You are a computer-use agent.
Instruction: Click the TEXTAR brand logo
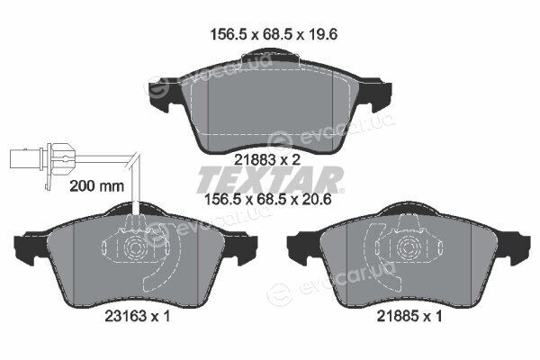[270, 179]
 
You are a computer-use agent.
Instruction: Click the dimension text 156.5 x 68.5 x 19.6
[274, 34]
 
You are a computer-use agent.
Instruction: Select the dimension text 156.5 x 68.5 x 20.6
[268, 200]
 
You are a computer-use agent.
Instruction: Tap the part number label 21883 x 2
[267, 159]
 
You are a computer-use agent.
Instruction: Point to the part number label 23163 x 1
[138, 316]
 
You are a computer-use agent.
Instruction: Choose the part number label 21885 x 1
[409, 316]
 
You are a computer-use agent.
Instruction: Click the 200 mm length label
[97, 186]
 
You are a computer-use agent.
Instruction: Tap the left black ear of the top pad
[161, 94]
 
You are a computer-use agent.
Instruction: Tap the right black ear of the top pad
[376, 94]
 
